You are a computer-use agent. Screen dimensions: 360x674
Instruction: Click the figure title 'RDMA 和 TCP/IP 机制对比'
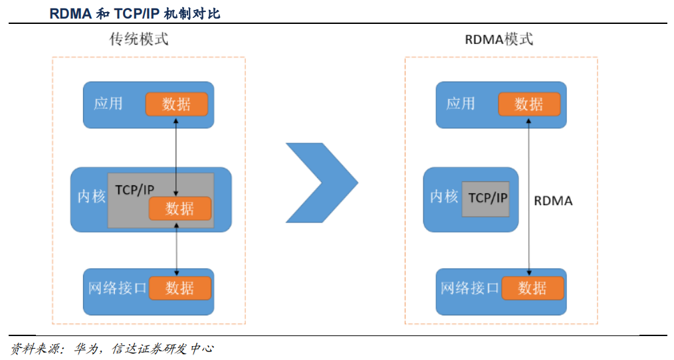pos(134,13)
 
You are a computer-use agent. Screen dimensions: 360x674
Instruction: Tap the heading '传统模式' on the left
pos(139,39)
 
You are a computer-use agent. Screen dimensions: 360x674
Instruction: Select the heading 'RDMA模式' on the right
pos(499,39)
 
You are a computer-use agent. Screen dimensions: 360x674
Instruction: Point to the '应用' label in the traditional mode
pos(108,104)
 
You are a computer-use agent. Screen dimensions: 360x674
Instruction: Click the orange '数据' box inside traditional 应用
pos(177,104)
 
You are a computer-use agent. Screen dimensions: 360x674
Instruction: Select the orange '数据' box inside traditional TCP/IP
pos(179,209)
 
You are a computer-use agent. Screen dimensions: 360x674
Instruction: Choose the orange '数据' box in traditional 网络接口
pos(179,288)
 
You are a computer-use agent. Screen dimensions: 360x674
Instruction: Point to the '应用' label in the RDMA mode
pos(461,104)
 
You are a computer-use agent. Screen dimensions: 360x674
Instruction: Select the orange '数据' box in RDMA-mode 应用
pos(529,104)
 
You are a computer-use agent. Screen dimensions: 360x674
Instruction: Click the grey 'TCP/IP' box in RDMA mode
pos(486,198)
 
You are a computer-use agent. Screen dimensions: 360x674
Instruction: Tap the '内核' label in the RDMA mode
pos(443,197)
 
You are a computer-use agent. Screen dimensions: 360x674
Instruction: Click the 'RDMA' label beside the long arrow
pos(553,201)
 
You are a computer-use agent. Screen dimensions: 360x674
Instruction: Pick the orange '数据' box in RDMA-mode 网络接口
pos(532,288)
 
